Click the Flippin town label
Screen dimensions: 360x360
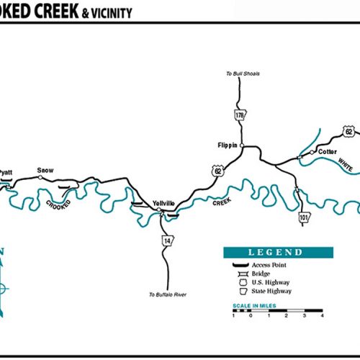coord(227,145)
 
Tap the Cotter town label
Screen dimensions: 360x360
coord(328,152)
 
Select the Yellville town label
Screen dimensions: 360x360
coord(164,204)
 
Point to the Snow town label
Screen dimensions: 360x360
coord(45,170)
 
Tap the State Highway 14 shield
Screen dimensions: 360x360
coord(168,240)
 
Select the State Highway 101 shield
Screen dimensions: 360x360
coord(304,217)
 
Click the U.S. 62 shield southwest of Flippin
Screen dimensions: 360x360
coord(217,171)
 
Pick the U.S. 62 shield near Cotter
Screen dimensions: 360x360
coord(349,132)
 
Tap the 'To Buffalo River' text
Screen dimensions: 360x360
coord(168,294)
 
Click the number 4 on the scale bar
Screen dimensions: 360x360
coord(322,315)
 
